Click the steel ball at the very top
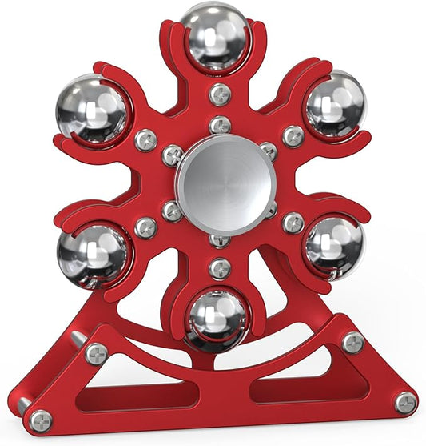coord(214,37)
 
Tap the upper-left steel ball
coord(92,111)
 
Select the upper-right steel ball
coord(334,104)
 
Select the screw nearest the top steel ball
coord(220,95)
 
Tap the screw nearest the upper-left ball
coord(145,140)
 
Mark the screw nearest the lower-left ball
coord(145,227)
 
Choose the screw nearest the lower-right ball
coord(293,223)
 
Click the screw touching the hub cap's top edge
coord(220,126)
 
